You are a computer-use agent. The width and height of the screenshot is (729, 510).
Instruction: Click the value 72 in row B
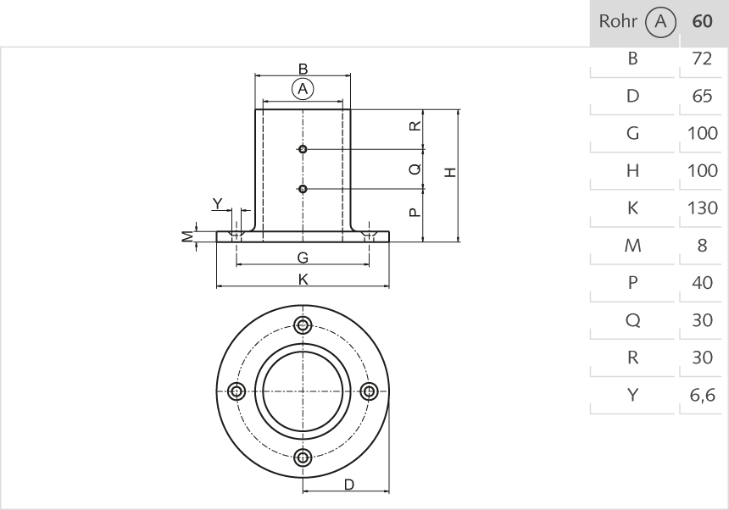(x=702, y=58)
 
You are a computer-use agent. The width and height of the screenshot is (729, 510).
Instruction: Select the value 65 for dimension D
(x=702, y=96)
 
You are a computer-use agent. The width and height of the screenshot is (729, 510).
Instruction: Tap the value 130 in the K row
(x=702, y=208)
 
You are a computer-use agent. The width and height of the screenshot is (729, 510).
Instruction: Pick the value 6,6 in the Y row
(x=702, y=395)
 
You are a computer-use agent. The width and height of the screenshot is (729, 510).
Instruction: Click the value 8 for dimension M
(x=702, y=246)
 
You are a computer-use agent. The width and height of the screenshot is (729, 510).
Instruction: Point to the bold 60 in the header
(x=702, y=22)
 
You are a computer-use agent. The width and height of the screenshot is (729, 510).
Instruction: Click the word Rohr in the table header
(x=618, y=22)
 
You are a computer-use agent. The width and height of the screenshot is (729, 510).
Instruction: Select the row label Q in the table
(x=632, y=320)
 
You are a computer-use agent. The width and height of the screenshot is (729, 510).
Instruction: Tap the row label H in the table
(x=632, y=170)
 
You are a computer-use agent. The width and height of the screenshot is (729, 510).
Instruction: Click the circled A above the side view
(x=303, y=88)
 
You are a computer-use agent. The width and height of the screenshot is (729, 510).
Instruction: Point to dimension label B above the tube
(x=303, y=69)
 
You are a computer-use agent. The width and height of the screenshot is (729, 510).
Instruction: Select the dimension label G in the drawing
(x=303, y=258)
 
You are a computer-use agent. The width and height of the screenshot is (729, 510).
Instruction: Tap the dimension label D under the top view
(x=348, y=484)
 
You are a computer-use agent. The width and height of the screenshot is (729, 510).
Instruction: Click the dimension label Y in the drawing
(x=218, y=203)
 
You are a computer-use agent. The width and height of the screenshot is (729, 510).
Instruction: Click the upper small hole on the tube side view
(x=303, y=149)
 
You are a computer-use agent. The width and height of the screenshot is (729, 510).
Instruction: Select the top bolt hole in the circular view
(x=303, y=324)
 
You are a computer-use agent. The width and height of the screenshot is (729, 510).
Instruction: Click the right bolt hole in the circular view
(x=369, y=391)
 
